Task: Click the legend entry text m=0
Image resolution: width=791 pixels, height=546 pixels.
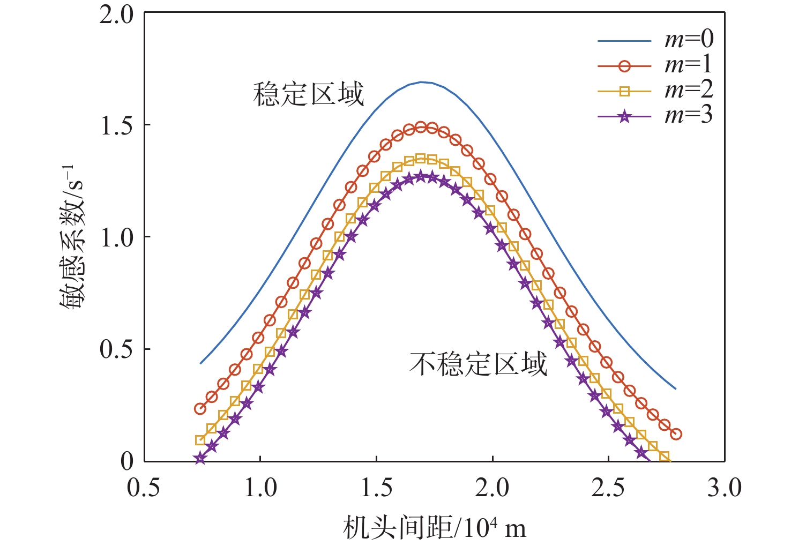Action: click(x=689, y=40)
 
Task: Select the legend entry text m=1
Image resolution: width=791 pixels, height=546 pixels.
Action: click(x=689, y=65)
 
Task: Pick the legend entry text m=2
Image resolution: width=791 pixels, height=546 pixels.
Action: click(x=689, y=90)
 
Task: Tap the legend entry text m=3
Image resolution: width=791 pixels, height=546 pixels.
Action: click(x=689, y=115)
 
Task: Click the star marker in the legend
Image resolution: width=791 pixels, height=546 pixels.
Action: click(x=624, y=116)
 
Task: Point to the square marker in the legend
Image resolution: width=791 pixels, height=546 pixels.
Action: click(x=624, y=91)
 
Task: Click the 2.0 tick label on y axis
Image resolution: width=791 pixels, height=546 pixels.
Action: click(x=116, y=14)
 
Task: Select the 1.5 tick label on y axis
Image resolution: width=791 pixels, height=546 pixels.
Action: click(x=116, y=125)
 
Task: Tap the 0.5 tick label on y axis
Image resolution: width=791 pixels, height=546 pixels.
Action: click(x=116, y=349)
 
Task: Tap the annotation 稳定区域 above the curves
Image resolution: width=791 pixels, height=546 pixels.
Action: click(x=309, y=94)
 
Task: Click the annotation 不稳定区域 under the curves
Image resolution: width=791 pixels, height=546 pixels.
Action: click(x=478, y=364)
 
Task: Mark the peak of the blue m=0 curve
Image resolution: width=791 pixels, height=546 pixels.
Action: click(x=422, y=82)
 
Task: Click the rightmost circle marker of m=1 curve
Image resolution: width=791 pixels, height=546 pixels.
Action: click(x=676, y=434)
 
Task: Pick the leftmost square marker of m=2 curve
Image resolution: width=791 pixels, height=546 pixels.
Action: click(x=200, y=440)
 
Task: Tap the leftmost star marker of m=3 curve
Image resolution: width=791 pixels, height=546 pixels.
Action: click(x=200, y=459)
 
